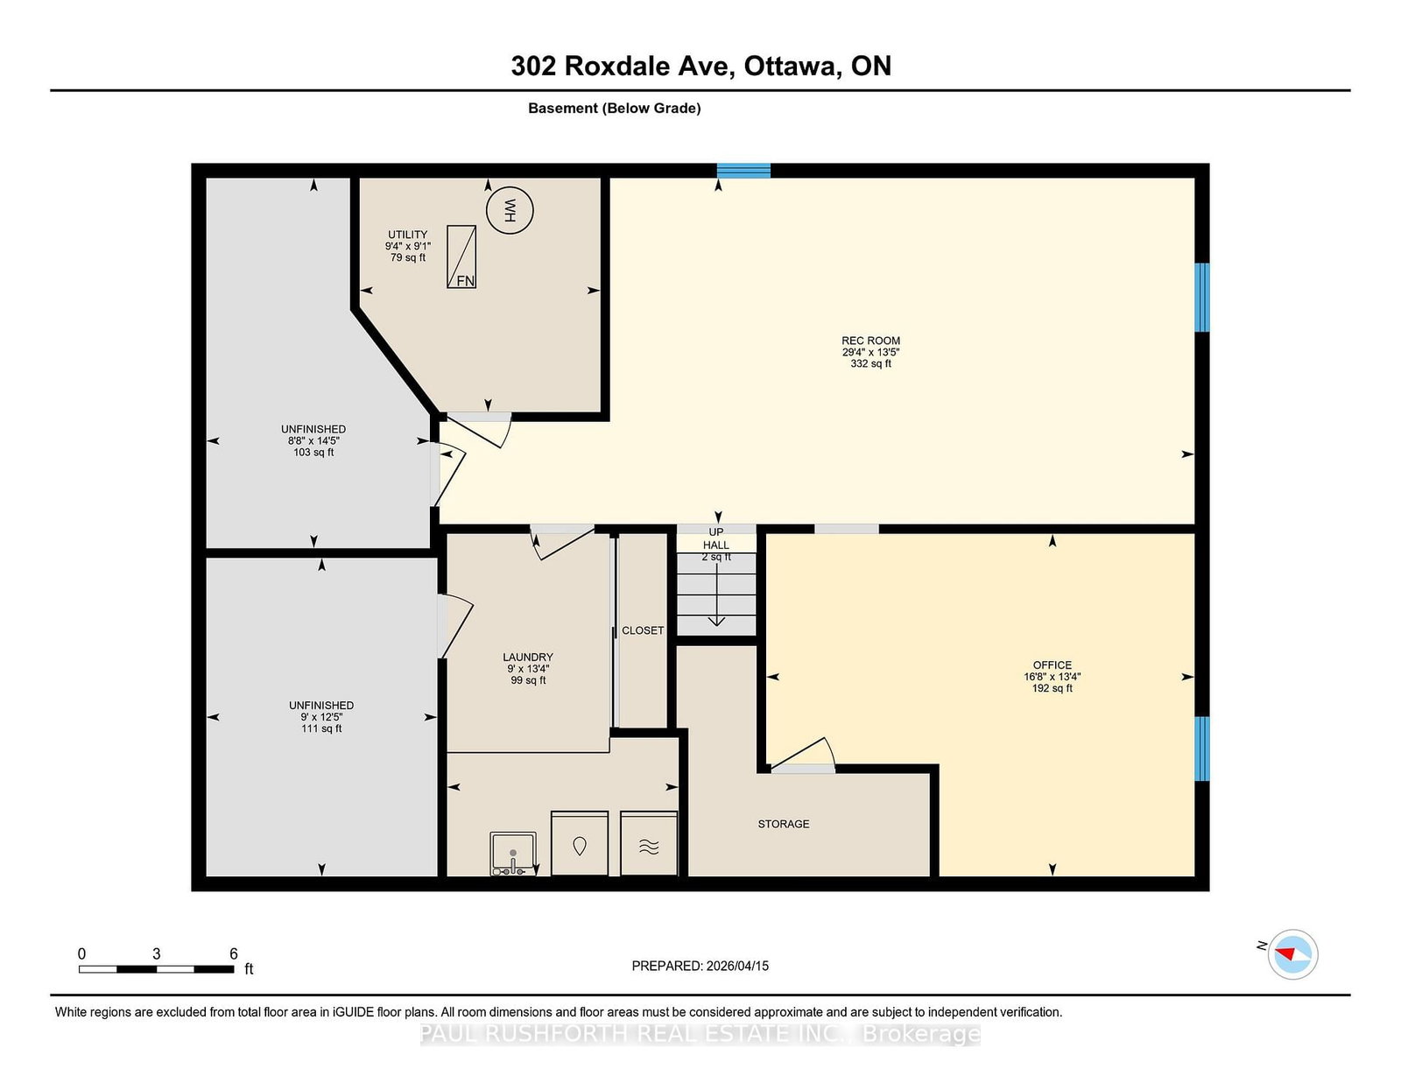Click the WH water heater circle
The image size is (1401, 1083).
point(510,210)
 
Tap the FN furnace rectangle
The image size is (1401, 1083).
point(461,257)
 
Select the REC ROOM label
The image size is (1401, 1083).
point(870,341)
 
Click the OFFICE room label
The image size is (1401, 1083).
point(1053,665)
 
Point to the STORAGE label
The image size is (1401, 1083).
point(784,824)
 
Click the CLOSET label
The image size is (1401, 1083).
point(642,630)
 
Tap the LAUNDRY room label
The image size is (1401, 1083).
point(528,657)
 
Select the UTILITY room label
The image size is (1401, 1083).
point(407,234)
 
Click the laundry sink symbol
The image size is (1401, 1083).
point(513,854)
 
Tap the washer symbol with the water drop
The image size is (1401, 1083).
point(580,843)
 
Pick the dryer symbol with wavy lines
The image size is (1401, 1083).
point(649,843)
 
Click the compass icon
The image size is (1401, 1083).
point(1292,954)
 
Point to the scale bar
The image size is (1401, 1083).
point(157,969)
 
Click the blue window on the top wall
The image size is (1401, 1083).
point(743,171)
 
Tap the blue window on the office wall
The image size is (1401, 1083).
point(1201,749)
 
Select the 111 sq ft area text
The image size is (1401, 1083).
point(321,728)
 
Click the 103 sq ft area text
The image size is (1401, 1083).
point(313,452)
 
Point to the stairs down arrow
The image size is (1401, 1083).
point(716,593)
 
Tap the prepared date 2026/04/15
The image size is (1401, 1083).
point(737,966)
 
